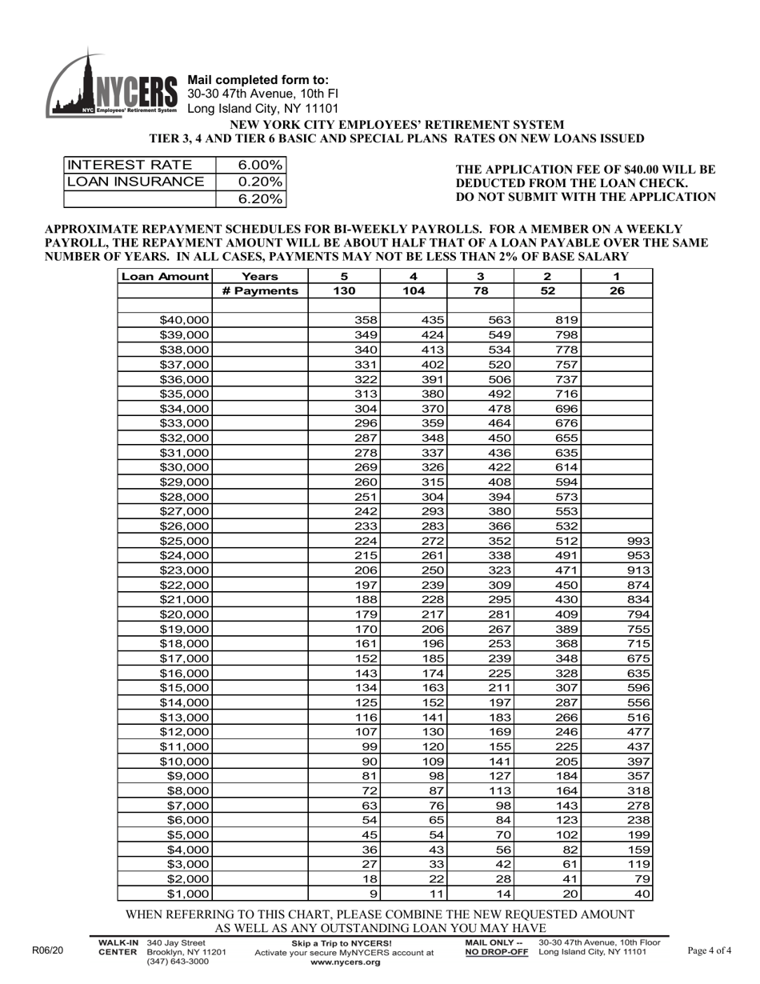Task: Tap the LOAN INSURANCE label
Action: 135,182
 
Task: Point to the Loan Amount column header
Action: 165,276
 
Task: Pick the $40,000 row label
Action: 185,320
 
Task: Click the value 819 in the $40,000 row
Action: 566,320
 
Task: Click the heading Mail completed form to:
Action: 258,80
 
